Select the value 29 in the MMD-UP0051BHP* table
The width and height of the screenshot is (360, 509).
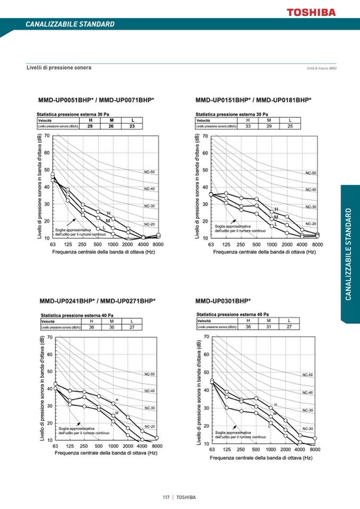tap(90, 126)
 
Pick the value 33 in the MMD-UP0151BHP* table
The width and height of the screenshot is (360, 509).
tap(248, 126)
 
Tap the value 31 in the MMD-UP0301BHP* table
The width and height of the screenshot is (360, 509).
tap(269, 327)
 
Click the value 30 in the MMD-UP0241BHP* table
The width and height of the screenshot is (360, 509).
tap(112, 327)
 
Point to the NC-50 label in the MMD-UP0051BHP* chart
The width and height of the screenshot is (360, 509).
tap(149, 172)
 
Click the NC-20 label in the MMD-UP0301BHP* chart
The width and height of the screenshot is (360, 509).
tap(307, 428)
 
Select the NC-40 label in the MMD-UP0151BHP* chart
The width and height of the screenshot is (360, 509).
tap(311, 189)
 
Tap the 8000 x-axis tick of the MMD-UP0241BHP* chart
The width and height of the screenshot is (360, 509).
tap(157, 446)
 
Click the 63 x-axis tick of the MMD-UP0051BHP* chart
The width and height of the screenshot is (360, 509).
tap(53, 245)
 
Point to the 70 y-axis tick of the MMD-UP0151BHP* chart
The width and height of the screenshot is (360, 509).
tap(205, 136)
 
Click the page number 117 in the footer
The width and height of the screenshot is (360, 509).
tap(166, 497)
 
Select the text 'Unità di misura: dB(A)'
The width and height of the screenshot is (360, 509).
tap(322, 68)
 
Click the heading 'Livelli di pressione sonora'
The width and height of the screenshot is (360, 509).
tap(59, 68)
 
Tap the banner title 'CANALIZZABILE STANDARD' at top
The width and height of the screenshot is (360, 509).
tap(70, 24)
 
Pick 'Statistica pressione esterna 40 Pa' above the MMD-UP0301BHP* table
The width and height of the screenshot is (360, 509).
tap(233, 314)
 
